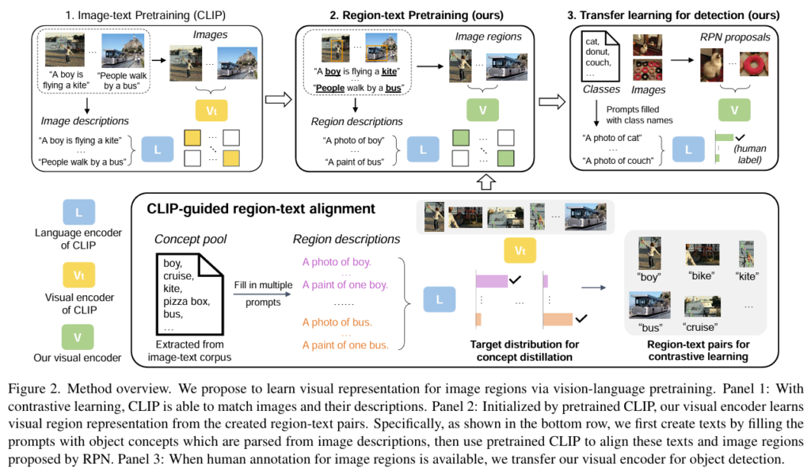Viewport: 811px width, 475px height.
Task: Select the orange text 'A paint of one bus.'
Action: [345, 344]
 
